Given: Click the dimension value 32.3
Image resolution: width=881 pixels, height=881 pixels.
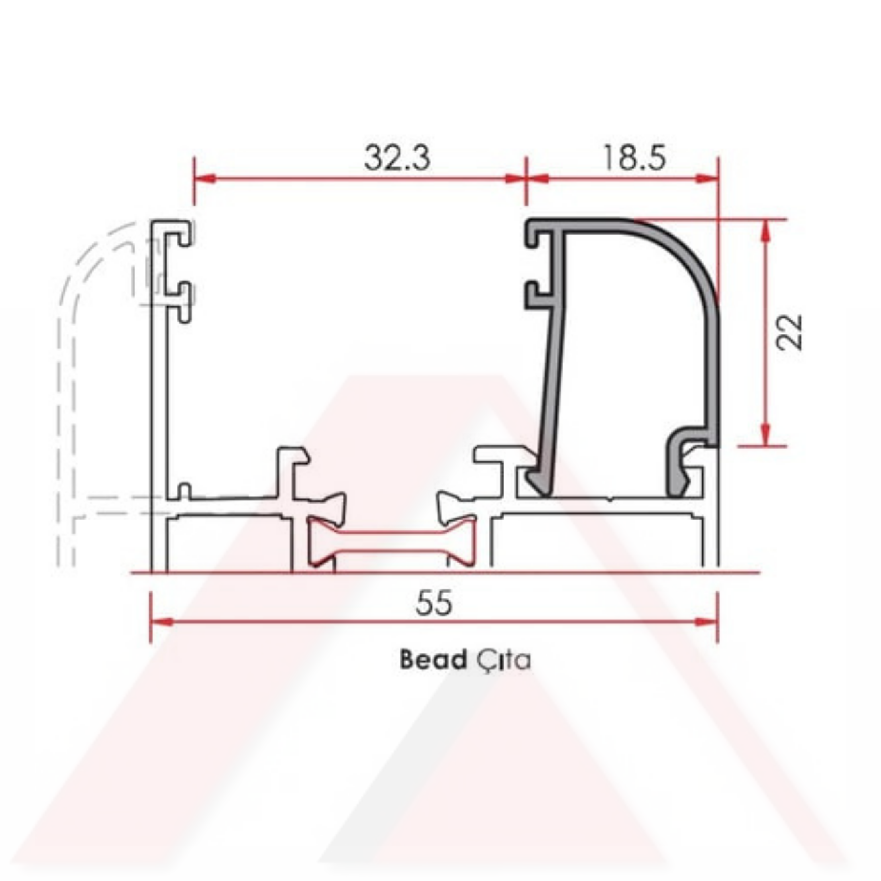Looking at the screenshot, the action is [x=397, y=158].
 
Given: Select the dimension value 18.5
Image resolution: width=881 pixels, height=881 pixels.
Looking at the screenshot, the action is [x=634, y=158].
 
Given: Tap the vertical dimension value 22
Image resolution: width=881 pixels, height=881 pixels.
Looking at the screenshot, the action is [x=789, y=332].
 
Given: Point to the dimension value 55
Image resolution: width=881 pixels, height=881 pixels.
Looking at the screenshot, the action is [x=434, y=602].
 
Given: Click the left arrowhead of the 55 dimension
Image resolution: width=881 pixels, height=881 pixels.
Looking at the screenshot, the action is [x=162, y=622].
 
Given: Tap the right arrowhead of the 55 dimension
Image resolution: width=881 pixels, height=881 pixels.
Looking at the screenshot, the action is [x=706, y=622].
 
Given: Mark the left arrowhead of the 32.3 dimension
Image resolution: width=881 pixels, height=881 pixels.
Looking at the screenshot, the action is [x=205, y=178].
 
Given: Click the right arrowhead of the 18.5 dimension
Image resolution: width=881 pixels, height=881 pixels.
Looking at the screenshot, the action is [x=707, y=178].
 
